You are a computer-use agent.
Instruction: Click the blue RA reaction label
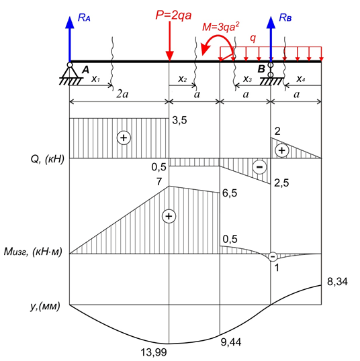pyautogui.click(x=84, y=17)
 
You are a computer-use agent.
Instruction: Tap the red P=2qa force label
pyautogui.click(x=173, y=15)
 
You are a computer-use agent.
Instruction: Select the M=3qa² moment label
pyautogui.click(x=220, y=27)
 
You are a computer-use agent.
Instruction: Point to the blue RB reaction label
pyautogui.click(x=285, y=17)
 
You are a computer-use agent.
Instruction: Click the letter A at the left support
pyautogui.click(x=85, y=70)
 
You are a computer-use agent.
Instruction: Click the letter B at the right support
pyautogui.click(x=261, y=69)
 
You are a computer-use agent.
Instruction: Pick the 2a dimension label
pyautogui.click(x=122, y=94)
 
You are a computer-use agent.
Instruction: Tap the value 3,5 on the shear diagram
pyautogui.click(x=179, y=120)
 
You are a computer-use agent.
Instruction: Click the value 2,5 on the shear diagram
pyautogui.click(x=281, y=183)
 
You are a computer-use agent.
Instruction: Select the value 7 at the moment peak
pyautogui.click(x=159, y=182)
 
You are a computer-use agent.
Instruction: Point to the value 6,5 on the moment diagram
pyautogui.click(x=230, y=193)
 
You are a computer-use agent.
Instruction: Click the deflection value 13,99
pyautogui.click(x=154, y=352)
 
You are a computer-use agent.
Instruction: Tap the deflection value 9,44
pyautogui.click(x=231, y=342)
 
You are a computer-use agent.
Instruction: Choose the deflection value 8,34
pyautogui.click(x=337, y=282)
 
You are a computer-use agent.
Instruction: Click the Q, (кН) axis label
pyautogui.click(x=48, y=159)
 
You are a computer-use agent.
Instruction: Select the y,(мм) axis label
pyautogui.click(x=45, y=306)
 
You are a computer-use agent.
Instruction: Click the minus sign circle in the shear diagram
pyautogui.click(x=260, y=166)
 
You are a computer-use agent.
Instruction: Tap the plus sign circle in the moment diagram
pyautogui.click(x=169, y=216)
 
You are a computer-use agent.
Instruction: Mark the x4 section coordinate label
pyautogui.click(x=301, y=79)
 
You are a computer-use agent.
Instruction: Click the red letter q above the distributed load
pyautogui.click(x=253, y=38)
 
